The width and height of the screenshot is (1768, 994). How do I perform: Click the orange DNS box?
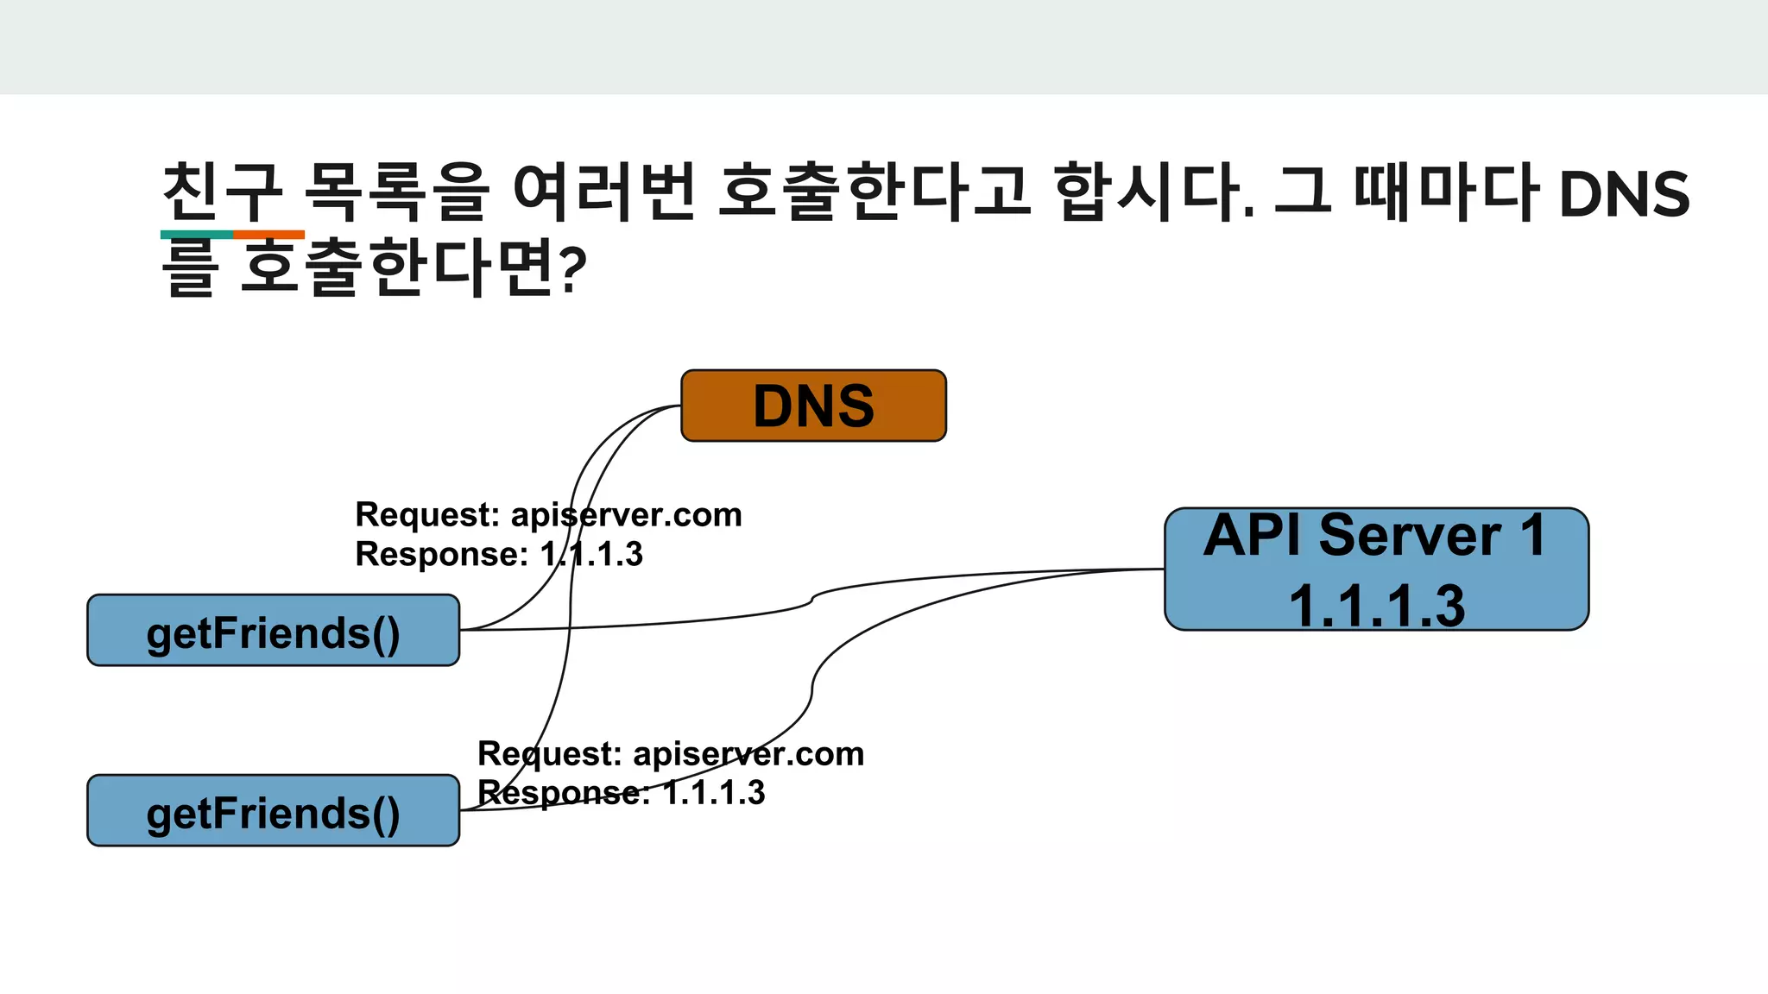click(813, 406)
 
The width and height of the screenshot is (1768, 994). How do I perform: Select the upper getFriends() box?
click(273, 631)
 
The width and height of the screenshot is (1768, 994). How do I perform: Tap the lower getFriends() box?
click(273, 811)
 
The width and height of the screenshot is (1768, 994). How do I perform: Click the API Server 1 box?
click(1376, 569)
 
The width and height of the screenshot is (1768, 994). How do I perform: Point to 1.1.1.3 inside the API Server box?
click(1376, 605)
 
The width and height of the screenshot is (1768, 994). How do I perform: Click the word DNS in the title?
click(1624, 193)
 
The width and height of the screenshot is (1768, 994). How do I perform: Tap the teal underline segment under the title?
click(196, 235)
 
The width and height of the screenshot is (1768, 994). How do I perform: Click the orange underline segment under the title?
click(268, 235)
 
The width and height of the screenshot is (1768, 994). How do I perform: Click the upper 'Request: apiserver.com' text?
click(548, 515)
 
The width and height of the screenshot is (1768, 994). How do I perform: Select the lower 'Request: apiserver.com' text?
click(671, 754)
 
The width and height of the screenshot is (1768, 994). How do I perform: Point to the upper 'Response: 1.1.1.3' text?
click(499, 554)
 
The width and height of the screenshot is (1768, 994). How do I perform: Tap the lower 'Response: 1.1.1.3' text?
click(622, 793)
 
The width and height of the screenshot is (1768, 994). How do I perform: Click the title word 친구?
click(223, 192)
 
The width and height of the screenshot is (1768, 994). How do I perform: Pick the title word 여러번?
click(604, 192)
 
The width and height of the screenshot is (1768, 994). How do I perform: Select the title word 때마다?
click(1446, 192)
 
